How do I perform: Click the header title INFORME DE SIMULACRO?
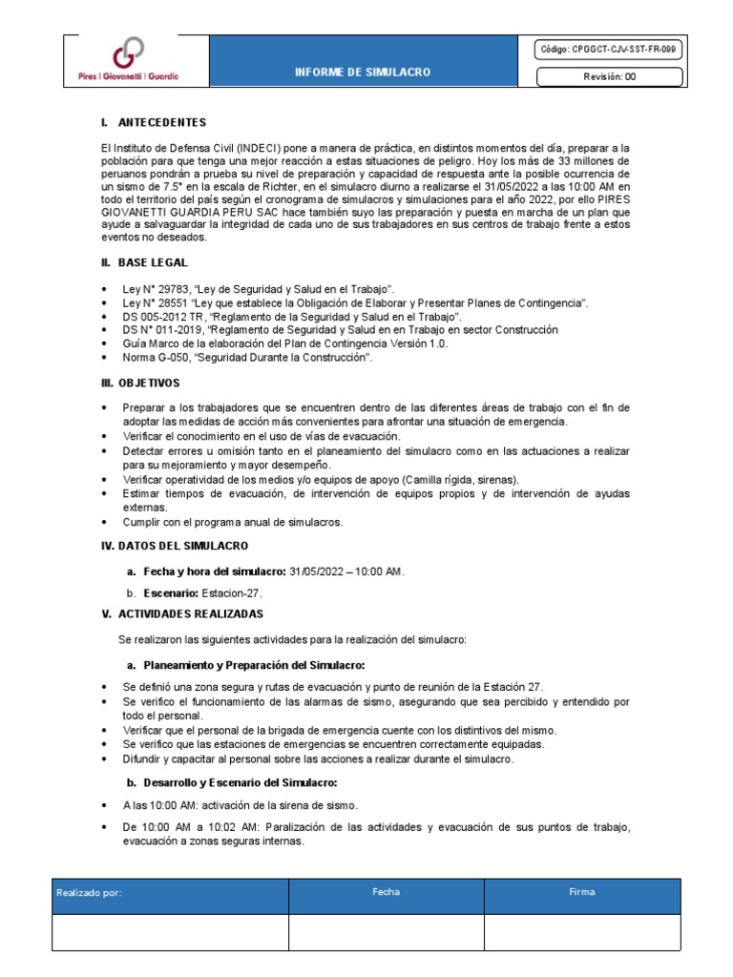362,72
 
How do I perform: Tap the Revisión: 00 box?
609,77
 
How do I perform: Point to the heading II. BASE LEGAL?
144,261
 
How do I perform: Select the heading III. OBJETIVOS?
139,383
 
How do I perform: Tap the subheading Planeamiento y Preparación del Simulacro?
256,664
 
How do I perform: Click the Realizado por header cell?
90,894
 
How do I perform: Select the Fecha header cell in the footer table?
386,893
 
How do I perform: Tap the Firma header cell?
581,893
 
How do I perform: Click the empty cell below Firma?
581,932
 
